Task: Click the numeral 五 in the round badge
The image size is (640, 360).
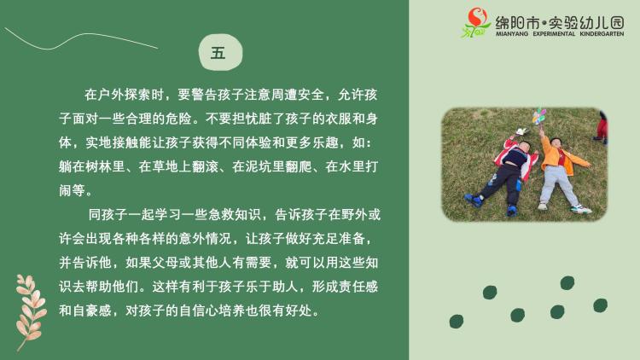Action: click(218, 53)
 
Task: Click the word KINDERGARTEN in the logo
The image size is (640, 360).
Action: click(602, 34)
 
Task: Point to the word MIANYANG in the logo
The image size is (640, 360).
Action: click(512, 34)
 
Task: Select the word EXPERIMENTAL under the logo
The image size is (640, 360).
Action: click(554, 34)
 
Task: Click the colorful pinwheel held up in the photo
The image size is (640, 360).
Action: click(538, 116)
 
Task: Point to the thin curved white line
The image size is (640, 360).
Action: click(78, 37)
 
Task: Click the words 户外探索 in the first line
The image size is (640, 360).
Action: click(125, 95)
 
